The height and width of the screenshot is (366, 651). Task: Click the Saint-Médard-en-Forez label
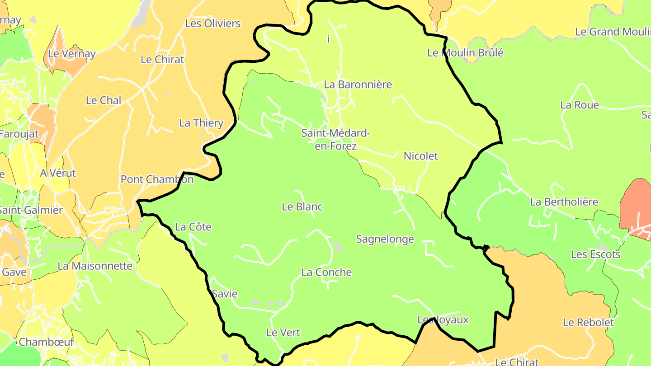click(x=335, y=140)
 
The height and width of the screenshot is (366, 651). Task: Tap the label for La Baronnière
click(x=358, y=84)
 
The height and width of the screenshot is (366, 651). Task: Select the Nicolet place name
click(x=420, y=156)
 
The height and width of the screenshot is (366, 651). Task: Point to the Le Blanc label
click(x=302, y=207)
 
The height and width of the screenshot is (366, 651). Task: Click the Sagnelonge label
click(x=385, y=239)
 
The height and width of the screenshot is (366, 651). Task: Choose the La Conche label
click(x=326, y=272)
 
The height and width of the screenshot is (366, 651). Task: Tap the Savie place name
click(x=225, y=294)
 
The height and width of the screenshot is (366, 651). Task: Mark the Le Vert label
click(x=283, y=333)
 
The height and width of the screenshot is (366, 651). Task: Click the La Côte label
click(x=193, y=227)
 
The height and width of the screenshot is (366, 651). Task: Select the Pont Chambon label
click(x=157, y=179)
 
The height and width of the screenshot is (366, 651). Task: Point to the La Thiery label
click(x=201, y=123)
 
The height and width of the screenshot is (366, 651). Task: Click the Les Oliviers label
click(x=213, y=23)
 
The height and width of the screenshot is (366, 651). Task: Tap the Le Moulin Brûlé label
click(x=465, y=53)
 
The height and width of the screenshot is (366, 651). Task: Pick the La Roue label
click(x=579, y=105)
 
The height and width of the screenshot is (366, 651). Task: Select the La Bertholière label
click(x=564, y=202)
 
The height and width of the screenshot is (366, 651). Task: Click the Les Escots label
click(x=595, y=254)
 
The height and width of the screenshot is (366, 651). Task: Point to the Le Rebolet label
click(x=588, y=323)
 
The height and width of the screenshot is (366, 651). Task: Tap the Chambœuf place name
click(x=46, y=342)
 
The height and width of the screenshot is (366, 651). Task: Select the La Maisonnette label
click(x=95, y=266)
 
